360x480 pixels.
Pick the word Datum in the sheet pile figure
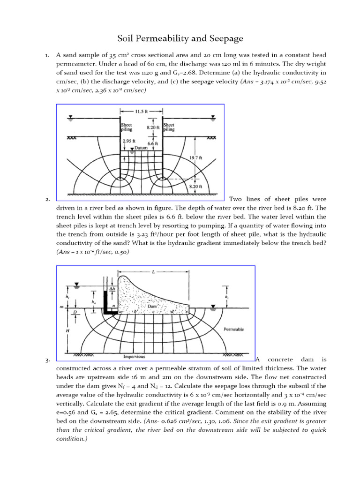click(x=141, y=148)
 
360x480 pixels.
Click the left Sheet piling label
click(x=127, y=127)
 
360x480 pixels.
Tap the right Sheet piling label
click(x=169, y=127)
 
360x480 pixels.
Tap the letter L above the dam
click(x=153, y=272)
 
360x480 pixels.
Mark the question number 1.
click(x=47, y=56)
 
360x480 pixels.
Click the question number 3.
click(x=47, y=360)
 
